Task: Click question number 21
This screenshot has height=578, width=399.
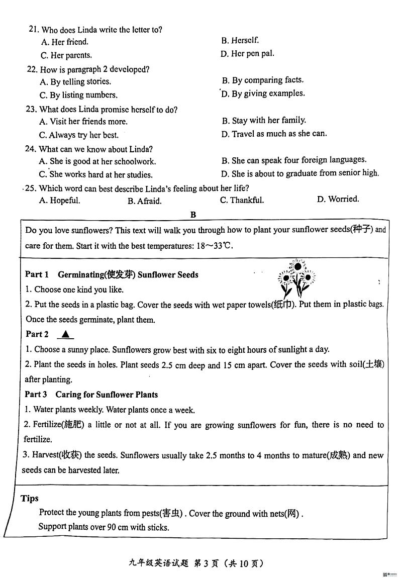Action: (x=34, y=30)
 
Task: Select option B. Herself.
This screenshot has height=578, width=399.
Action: (x=240, y=41)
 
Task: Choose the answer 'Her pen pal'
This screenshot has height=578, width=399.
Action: (x=247, y=54)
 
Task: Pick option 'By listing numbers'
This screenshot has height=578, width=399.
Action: (x=78, y=95)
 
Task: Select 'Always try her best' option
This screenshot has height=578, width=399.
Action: (x=79, y=135)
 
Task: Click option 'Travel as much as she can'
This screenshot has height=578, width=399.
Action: (x=274, y=134)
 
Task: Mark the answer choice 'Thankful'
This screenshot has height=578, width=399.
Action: (x=242, y=200)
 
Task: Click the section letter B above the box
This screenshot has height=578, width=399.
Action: (x=193, y=215)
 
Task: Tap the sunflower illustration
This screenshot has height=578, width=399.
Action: (x=296, y=278)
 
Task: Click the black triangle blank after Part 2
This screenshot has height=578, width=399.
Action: (x=66, y=334)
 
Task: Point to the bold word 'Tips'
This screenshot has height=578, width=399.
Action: (x=30, y=498)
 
